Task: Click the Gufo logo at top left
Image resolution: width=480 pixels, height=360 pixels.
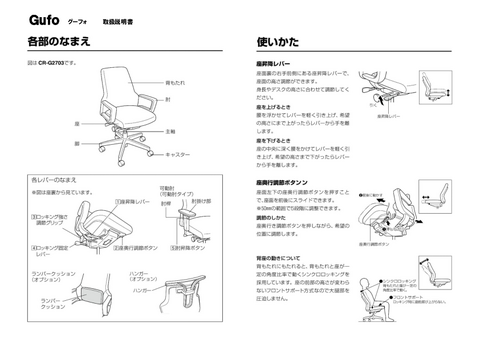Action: pyautogui.click(x=45, y=19)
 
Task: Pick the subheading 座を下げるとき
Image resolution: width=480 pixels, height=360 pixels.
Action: pyautogui.click(x=274, y=140)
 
